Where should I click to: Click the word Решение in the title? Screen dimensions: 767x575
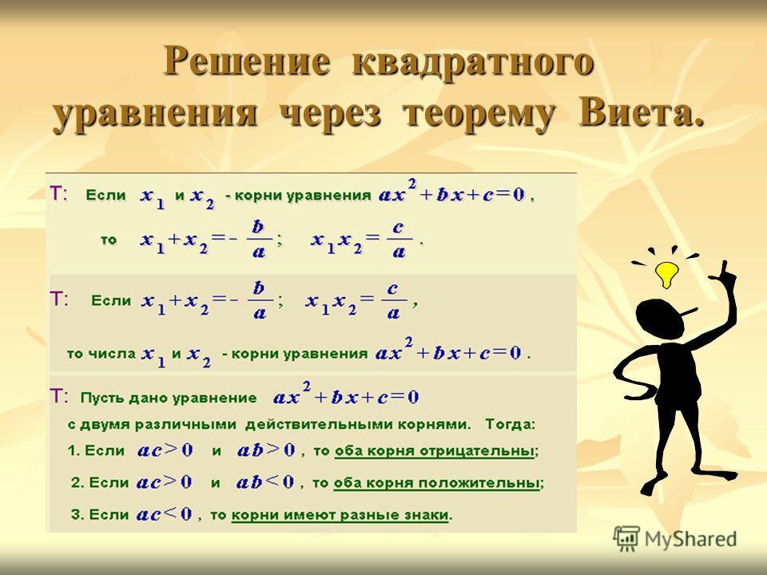[x=246, y=61]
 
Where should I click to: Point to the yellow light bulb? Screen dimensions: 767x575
[x=666, y=275]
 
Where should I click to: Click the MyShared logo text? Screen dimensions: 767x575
[x=690, y=539]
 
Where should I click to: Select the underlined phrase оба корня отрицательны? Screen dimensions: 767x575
[x=434, y=450]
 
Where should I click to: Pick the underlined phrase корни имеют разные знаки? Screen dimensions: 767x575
[x=340, y=515]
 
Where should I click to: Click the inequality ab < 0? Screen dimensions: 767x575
[x=265, y=482]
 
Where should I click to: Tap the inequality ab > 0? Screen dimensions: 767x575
[x=266, y=450]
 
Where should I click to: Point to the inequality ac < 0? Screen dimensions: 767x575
[x=164, y=514]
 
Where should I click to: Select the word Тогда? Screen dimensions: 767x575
[x=511, y=424]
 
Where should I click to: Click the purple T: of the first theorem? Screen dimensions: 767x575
[x=60, y=194]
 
